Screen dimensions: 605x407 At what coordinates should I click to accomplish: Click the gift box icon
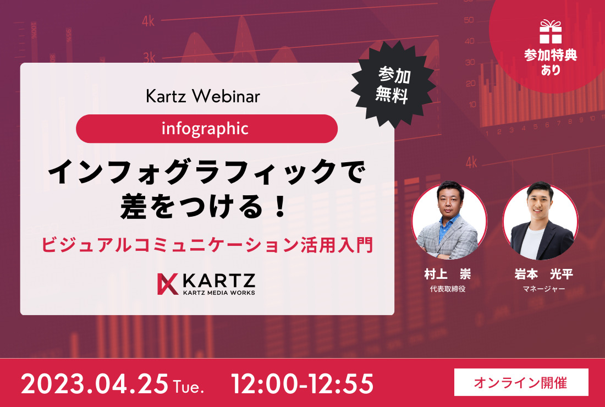click(551, 32)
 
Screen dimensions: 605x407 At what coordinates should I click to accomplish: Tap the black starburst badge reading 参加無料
click(393, 85)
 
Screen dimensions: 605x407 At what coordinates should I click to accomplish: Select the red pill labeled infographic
click(207, 129)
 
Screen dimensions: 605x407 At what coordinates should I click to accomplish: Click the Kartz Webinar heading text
click(203, 96)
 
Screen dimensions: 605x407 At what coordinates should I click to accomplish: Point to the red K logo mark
click(168, 284)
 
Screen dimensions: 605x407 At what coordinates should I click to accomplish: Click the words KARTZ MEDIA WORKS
click(219, 293)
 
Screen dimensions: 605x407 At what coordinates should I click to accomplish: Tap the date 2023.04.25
click(95, 384)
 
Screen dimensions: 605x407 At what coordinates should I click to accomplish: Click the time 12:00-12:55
click(302, 384)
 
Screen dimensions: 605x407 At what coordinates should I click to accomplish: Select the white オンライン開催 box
click(521, 382)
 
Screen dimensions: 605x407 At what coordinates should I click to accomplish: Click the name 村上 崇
click(448, 274)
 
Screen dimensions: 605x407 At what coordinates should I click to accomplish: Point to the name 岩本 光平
click(543, 274)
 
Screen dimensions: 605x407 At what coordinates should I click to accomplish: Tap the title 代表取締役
click(448, 289)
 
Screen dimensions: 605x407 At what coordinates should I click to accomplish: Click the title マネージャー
click(543, 289)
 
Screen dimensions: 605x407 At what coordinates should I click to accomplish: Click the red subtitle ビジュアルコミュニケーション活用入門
click(207, 246)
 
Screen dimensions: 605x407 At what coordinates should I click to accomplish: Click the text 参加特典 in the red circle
click(551, 55)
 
